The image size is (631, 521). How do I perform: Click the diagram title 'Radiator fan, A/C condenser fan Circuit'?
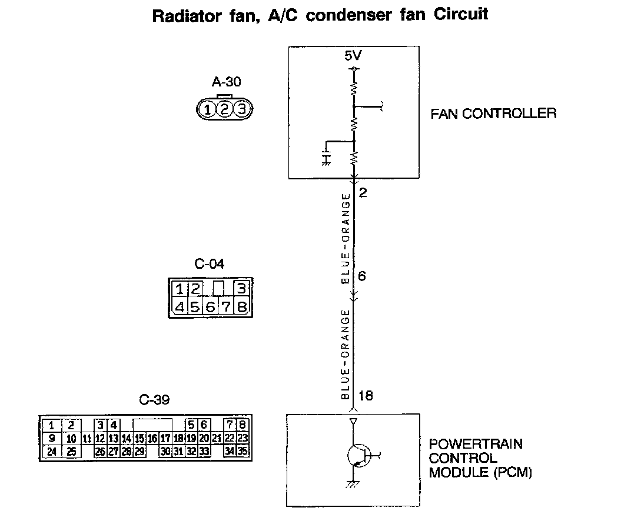click(320, 14)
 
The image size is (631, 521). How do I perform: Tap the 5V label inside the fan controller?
click(353, 58)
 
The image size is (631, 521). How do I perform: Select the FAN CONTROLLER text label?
click(493, 113)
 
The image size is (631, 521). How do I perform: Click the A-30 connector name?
click(226, 82)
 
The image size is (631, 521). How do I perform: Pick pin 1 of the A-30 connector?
click(207, 109)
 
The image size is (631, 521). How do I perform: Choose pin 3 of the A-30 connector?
click(242, 109)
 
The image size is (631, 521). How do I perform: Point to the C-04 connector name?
click(209, 264)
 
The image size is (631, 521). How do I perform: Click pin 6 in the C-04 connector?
click(210, 307)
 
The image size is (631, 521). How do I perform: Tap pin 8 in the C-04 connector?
click(240, 307)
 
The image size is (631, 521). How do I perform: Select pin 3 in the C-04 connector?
click(240, 289)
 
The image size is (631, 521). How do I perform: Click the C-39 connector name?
click(154, 400)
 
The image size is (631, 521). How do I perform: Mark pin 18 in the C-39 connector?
click(178, 438)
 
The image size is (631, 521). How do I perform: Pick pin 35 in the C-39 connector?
click(243, 452)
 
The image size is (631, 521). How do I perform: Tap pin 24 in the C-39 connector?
click(52, 452)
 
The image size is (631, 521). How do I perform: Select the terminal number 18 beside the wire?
click(366, 395)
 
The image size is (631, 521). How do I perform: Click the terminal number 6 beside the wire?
click(362, 275)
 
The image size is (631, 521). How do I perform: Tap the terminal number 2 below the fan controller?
click(363, 192)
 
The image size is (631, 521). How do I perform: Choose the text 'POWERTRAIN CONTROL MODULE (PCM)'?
click(480, 457)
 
